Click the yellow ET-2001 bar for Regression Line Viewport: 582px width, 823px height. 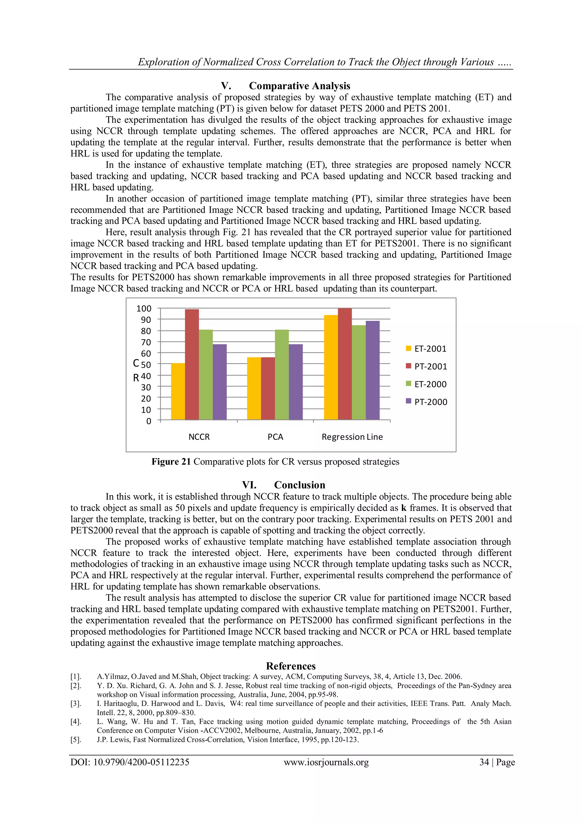pos(331,367)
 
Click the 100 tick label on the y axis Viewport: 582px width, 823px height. pos(144,308)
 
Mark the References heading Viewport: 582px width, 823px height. pos(291,666)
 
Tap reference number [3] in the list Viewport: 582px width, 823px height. pos(76,704)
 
